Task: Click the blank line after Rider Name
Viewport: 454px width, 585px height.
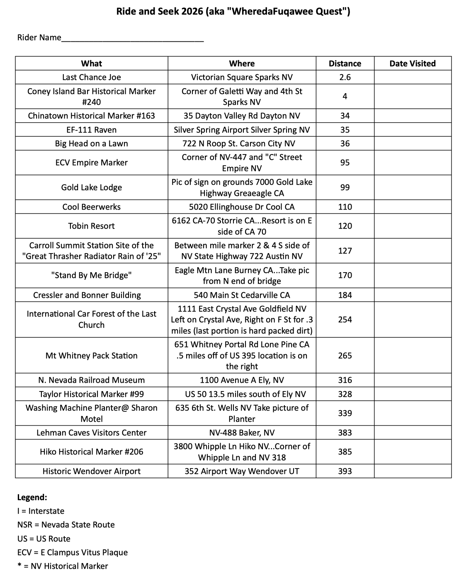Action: tap(132, 38)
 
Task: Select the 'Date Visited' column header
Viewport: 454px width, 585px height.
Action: tap(412, 63)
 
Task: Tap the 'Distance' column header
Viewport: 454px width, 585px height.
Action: tap(345, 63)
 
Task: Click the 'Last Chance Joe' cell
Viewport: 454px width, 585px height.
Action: tap(91, 77)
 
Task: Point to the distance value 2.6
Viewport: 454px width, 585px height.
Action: tap(345, 77)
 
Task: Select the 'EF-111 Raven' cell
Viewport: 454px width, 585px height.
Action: tap(91, 130)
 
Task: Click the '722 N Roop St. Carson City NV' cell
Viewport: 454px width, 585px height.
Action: tap(242, 143)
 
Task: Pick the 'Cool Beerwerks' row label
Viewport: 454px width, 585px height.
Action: tap(91, 207)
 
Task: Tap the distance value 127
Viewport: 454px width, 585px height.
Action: tap(345, 251)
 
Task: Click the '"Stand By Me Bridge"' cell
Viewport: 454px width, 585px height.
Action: tap(91, 275)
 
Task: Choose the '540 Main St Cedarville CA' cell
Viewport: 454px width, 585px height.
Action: tap(242, 295)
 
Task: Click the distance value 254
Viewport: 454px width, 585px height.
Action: tap(345, 319)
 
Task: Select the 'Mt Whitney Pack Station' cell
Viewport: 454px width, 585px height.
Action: tap(91, 355)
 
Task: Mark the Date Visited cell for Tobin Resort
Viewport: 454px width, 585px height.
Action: tap(412, 226)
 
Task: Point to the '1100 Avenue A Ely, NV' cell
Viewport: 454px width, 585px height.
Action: tap(242, 380)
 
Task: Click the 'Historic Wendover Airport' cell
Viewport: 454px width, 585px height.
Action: tap(91, 471)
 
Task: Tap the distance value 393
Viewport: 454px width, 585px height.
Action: tap(345, 471)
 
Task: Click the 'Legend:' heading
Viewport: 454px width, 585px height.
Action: tap(32, 497)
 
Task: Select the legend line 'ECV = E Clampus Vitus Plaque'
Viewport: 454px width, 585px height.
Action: tap(72, 552)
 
